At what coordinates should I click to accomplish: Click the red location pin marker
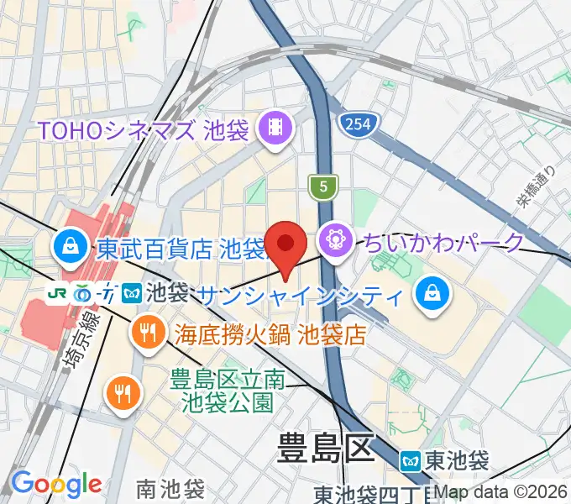(x=286, y=246)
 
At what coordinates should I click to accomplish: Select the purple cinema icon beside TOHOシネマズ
(x=275, y=129)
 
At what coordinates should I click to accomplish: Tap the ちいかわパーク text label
(x=443, y=244)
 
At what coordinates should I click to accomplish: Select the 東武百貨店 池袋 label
(x=180, y=249)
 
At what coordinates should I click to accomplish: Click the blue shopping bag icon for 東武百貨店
(x=67, y=247)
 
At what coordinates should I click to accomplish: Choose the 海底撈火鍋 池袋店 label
(x=270, y=334)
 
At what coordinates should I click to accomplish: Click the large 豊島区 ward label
(x=324, y=449)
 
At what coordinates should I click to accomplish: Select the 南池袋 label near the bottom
(x=170, y=488)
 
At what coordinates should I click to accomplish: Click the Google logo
(x=56, y=484)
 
